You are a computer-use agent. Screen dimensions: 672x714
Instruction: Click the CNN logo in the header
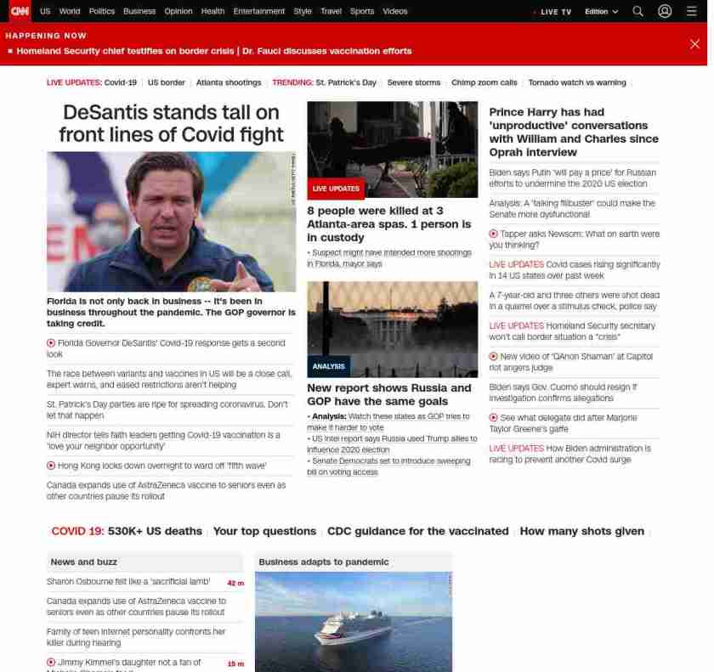(x=19, y=11)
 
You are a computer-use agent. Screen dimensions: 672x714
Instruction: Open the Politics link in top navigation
(x=101, y=11)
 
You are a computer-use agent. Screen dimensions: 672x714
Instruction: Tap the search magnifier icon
(x=637, y=11)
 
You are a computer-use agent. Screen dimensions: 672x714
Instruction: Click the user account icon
(x=665, y=11)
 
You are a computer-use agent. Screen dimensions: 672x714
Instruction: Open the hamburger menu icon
(x=691, y=11)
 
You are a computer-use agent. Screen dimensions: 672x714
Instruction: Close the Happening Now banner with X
(x=694, y=43)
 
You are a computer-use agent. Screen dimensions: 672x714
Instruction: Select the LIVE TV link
(x=554, y=12)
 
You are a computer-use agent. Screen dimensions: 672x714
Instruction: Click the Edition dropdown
(x=601, y=12)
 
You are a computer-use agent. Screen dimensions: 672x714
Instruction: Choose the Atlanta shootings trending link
(x=229, y=82)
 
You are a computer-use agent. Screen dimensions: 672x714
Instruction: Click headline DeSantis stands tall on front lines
(x=171, y=123)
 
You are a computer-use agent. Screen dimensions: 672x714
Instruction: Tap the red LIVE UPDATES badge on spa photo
(x=336, y=189)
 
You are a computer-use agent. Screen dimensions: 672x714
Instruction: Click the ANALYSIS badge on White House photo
(x=328, y=366)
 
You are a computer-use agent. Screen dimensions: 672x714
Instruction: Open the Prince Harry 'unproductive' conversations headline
(x=574, y=132)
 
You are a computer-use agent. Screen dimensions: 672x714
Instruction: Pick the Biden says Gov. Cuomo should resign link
(x=563, y=392)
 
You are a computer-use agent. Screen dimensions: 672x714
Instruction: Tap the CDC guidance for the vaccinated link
(x=417, y=531)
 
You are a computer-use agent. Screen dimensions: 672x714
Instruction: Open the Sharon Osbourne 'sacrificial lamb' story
(x=128, y=582)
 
